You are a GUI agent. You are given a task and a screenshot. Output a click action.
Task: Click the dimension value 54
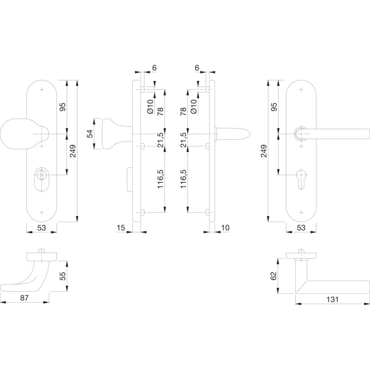[90, 134]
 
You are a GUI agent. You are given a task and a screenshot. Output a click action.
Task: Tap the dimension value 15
[121, 228]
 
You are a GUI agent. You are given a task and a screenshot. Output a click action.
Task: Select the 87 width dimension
[24, 298]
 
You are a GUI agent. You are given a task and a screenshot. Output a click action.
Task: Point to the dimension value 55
[63, 276]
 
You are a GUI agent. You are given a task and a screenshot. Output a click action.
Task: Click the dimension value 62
[273, 276]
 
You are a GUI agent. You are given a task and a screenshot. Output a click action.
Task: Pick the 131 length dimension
[332, 300]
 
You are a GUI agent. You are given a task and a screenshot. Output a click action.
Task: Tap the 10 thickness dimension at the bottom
[225, 228]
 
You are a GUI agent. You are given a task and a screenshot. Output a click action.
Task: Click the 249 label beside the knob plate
[73, 151]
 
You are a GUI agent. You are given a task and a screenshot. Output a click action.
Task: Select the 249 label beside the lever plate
[264, 151]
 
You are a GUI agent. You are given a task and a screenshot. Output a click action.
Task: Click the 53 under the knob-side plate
[42, 228]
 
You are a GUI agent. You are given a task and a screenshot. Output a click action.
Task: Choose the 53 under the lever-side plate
[301, 228]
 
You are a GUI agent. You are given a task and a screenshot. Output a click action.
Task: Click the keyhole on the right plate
[301, 179]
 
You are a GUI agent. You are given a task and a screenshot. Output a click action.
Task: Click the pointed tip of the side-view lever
[250, 134]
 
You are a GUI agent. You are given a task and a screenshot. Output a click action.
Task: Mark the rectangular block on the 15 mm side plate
[130, 179]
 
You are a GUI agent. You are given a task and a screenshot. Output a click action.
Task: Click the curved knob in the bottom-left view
[26, 276]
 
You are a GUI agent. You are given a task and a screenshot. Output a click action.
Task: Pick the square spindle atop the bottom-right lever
[301, 251]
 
